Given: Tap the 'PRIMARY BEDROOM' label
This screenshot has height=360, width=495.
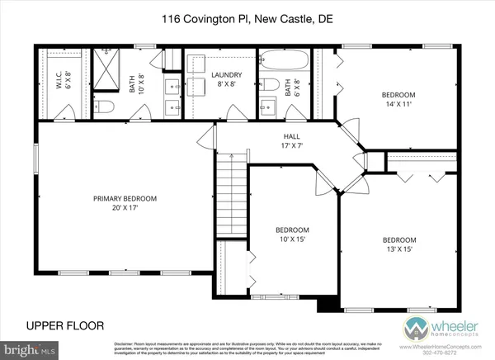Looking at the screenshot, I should pyautogui.click(x=124, y=198).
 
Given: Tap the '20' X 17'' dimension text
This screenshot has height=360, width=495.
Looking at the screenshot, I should pyautogui.click(x=124, y=210).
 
